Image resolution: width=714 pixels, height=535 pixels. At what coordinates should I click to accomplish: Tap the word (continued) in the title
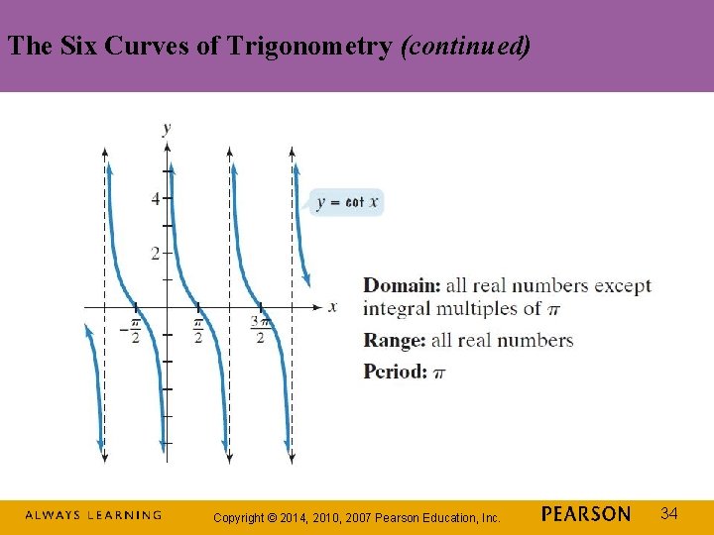click(465, 47)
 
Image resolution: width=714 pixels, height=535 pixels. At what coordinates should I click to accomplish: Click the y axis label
click(166, 127)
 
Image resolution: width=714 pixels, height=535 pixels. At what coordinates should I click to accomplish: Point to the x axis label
click(332, 306)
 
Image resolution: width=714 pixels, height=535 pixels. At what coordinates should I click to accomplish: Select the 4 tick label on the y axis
click(155, 199)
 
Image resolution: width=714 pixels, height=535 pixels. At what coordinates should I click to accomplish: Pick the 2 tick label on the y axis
click(155, 254)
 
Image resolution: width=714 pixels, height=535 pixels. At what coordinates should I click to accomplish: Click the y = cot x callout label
click(346, 202)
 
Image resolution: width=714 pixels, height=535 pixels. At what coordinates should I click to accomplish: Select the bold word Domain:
click(402, 286)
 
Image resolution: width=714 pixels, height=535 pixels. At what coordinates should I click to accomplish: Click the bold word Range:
click(395, 341)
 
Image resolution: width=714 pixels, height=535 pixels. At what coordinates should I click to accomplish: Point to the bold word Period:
click(396, 373)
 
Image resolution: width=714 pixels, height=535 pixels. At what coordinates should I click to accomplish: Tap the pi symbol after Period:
click(439, 374)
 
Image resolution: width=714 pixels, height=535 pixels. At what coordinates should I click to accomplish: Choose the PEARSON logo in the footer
click(586, 514)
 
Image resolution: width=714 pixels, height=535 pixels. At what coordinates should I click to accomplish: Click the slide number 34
click(669, 513)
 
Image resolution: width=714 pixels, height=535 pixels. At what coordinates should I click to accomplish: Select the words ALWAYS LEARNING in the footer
click(92, 515)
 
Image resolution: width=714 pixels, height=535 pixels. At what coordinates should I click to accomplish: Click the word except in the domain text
click(623, 286)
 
